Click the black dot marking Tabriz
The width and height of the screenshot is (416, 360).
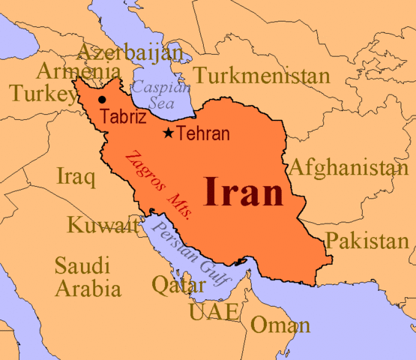pyautogui.click(x=102, y=99)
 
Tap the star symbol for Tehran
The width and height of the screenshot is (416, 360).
pyautogui.click(x=169, y=133)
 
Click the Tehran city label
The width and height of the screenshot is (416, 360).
pyautogui.click(x=203, y=134)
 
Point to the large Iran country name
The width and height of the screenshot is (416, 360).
pyautogui.click(x=244, y=192)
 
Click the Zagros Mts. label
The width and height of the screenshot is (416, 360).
pyautogui.click(x=157, y=184)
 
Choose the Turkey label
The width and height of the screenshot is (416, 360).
pyautogui.click(x=37, y=93)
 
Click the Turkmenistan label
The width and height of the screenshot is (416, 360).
pyautogui.click(x=261, y=76)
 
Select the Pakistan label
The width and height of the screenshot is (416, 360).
pyautogui.click(x=367, y=241)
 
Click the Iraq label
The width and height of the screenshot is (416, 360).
pyautogui.click(x=76, y=178)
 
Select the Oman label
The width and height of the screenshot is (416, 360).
pyautogui.click(x=280, y=325)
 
